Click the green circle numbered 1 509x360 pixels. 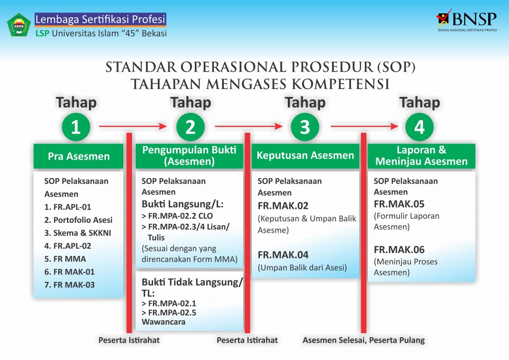[x=76, y=127]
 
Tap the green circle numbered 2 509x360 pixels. [x=190, y=127]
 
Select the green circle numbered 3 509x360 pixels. [x=305, y=127]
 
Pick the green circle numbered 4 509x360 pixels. [x=420, y=127]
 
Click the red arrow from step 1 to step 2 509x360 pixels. [x=133, y=126]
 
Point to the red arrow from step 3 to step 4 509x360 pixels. [x=364, y=126]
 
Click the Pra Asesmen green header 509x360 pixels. [x=79, y=156]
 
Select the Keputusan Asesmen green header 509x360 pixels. [x=306, y=156]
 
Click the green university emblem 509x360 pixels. [x=19, y=25]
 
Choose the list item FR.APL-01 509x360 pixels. [x=68, y=207]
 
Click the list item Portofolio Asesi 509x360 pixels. [x=78, y=220]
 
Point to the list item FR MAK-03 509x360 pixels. [x=70, y=285]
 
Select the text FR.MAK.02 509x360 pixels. [x=283, y=206]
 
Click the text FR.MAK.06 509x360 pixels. [x=399, y=250]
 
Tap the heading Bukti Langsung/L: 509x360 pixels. [x=182, y=204]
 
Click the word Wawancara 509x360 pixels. [x=163, y=322]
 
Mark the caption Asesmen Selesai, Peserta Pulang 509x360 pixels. [x=363, y=340]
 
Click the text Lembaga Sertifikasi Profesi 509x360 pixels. [x=100, y=19]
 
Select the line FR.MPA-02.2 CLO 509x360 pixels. [x=177, y=216]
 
